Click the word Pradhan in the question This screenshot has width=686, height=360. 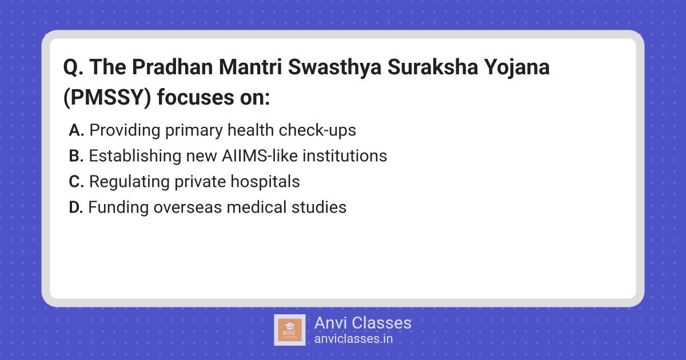pos(173,67)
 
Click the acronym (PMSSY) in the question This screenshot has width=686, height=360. pos(107,98)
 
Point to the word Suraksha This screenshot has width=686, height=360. pos(433,67)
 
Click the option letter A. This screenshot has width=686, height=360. pos(76,130)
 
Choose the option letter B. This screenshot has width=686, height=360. pos(76,156)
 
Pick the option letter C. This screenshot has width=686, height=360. pos(76,182)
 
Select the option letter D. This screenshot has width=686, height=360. pos(76,207)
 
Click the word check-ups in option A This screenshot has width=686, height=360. pos(317,131)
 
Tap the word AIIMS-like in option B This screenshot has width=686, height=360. pos(260,155)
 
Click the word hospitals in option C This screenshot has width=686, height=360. pos(265,182)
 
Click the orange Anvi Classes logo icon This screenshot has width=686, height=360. pos(290,330)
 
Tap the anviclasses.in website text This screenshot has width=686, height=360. pos(353,339)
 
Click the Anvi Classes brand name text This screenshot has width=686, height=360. pos(363,323)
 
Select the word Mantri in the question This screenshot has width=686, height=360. pos(250,67)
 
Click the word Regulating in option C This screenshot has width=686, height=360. pos(129,182)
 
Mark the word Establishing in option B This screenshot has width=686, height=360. pos(135,156)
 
